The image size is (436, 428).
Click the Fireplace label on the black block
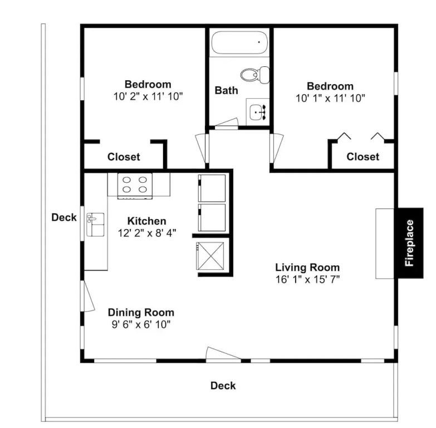[409, 243]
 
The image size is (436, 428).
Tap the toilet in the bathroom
[255, 75]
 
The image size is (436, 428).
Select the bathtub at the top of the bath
[239, 42]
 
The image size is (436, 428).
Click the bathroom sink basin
[257, 112]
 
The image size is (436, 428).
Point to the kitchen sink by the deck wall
[95, 225]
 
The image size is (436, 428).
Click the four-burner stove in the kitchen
[135, 186]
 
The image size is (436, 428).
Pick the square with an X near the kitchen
[210, 256]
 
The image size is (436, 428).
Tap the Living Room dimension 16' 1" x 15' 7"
[307, 279]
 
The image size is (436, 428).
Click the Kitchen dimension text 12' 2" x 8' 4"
[147, 232]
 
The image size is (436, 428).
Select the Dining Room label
[141, 312]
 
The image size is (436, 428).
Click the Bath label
[226, 90]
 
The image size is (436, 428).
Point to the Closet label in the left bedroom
[124, 157]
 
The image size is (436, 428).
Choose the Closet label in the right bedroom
[362, 157]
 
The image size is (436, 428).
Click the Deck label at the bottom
[223, 386]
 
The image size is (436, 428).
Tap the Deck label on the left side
[64, 217]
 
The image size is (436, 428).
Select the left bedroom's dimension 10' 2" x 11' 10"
[148, 96]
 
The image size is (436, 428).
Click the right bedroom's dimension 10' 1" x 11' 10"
[330, 98]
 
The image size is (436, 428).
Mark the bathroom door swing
[227, 124]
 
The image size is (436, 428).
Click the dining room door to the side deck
[89, 296]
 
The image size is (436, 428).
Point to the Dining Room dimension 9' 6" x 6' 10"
[141, 324]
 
